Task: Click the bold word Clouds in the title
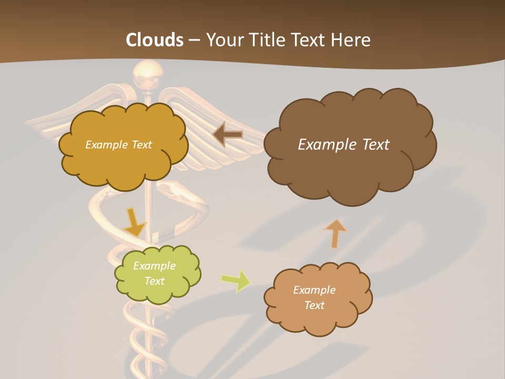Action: [155, 40]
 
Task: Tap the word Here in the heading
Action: [351, 40]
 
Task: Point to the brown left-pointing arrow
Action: [228, 135]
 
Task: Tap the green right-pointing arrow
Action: [236, 281]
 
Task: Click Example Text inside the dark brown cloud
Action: [344, 145]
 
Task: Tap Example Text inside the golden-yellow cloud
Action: [118, 145]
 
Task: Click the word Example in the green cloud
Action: [154, 266]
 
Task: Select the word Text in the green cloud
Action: [154, 281]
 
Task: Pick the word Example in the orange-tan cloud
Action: [314, 290]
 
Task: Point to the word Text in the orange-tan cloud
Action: [314, 305]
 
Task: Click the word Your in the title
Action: [224, 40]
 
